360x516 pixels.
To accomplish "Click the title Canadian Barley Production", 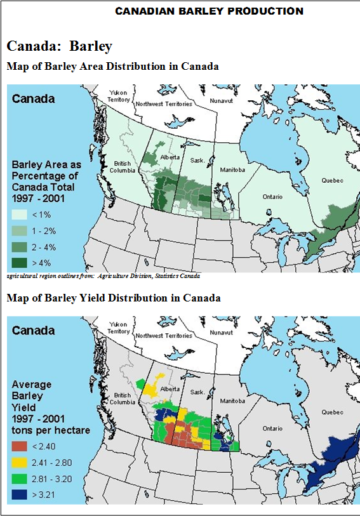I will tap(210, 11).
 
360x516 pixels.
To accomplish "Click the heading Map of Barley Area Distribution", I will tap(112, 66).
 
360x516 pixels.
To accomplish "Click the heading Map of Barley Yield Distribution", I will tap(114, 298).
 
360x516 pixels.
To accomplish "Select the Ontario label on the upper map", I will tap(272, 197).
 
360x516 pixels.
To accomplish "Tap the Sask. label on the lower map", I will tap(197, 393).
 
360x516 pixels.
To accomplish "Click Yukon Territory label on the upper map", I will tap(119, 96).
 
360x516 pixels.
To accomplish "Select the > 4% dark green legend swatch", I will tap(20, 261).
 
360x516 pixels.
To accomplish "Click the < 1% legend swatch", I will tap(20, 215).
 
